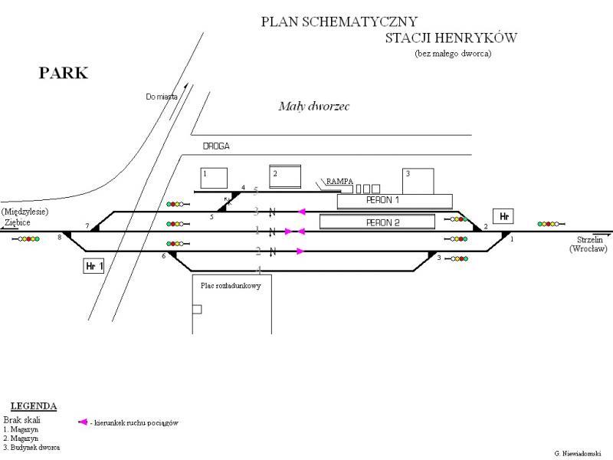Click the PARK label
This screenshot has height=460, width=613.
click(x=64, y=74)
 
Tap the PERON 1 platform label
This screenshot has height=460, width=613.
click(x=383, y=200)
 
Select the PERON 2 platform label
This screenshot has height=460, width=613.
click(x=383, y=222)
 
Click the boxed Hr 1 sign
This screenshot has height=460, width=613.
click(x=93, y=266)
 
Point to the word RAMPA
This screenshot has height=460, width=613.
click(x=339, y=181)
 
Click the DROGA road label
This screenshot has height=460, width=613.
click(x=216, y=146)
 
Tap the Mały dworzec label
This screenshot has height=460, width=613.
click(x=313, y=107)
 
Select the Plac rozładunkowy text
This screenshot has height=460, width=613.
click(x=231, y=285)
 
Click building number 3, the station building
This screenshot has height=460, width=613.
click(x=418, y=181)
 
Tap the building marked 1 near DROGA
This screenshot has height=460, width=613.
click(x=214, y=178)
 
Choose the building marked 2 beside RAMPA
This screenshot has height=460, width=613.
click(x=284, y=176)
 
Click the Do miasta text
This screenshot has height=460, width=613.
click(x=161, y=97)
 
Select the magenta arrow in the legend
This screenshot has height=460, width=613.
click(x=82, y=422)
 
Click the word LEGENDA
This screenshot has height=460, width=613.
click(x=34, y=406)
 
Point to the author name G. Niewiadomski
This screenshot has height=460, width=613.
click(x=579, y=453)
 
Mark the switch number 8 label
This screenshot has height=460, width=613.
click(x=59, y=238)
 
